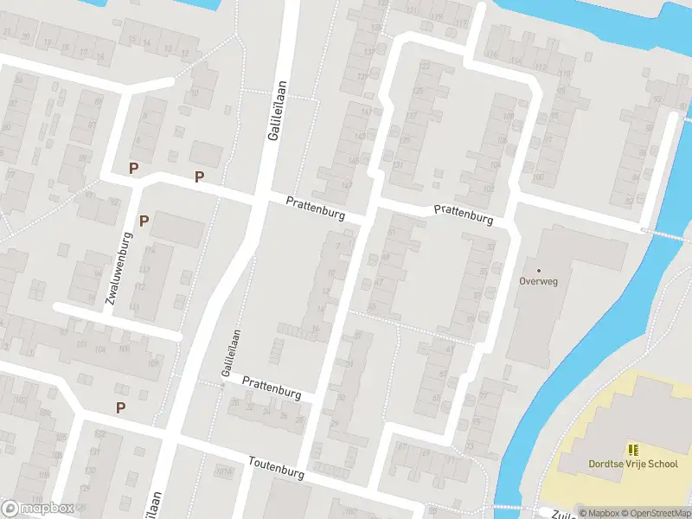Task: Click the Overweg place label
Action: point(539,281)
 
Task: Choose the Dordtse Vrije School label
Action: point(633,465)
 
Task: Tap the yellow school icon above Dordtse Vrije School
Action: point(633,449)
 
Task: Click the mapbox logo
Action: point(37,508)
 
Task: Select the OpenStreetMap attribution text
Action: point(656,513)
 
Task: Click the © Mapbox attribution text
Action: point(599,513)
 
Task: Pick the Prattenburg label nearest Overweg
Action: point(464,214)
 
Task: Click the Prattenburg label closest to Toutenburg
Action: point(272,387)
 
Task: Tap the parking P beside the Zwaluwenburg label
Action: point(144,220)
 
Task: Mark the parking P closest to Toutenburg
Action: point(120,407)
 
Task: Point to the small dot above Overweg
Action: point(539,270)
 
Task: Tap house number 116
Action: point(493,54)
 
